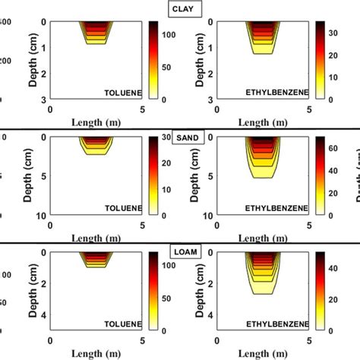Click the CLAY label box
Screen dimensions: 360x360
click(180, 9)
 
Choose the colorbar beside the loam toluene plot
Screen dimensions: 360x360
click(153, 292)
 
